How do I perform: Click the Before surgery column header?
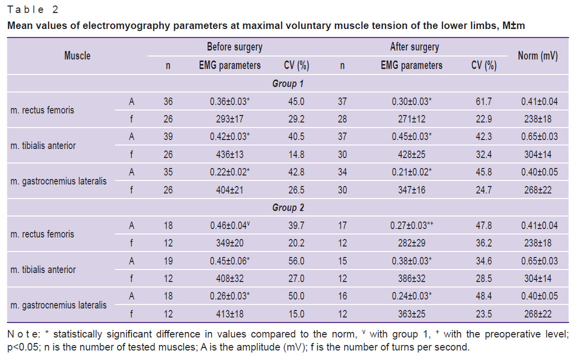(x=234, y=47)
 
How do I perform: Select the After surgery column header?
(x=414, y=47)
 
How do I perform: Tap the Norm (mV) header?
(x=538, y=56)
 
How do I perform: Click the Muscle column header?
(x=77, y=56)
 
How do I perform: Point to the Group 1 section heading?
(x=288, y=84)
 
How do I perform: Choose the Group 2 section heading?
(x=288, y=208)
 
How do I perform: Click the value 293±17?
(x=229, y=119)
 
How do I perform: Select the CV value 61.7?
(x=484, y=101)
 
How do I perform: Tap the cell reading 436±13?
(x=229, y=154)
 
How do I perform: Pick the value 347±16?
(x=411, y=190)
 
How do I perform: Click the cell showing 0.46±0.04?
(x=230, y=225)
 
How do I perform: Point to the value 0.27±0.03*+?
(x=412, y=225)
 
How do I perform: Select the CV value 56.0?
(x=296, y=261)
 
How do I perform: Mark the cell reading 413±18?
(x=229, y=314)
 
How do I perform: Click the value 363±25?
(x=411, y=314)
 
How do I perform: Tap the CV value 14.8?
(x=296, y=154)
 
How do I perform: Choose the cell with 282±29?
(x=411, y=243)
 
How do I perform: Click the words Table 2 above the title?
(x=32, y=9)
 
